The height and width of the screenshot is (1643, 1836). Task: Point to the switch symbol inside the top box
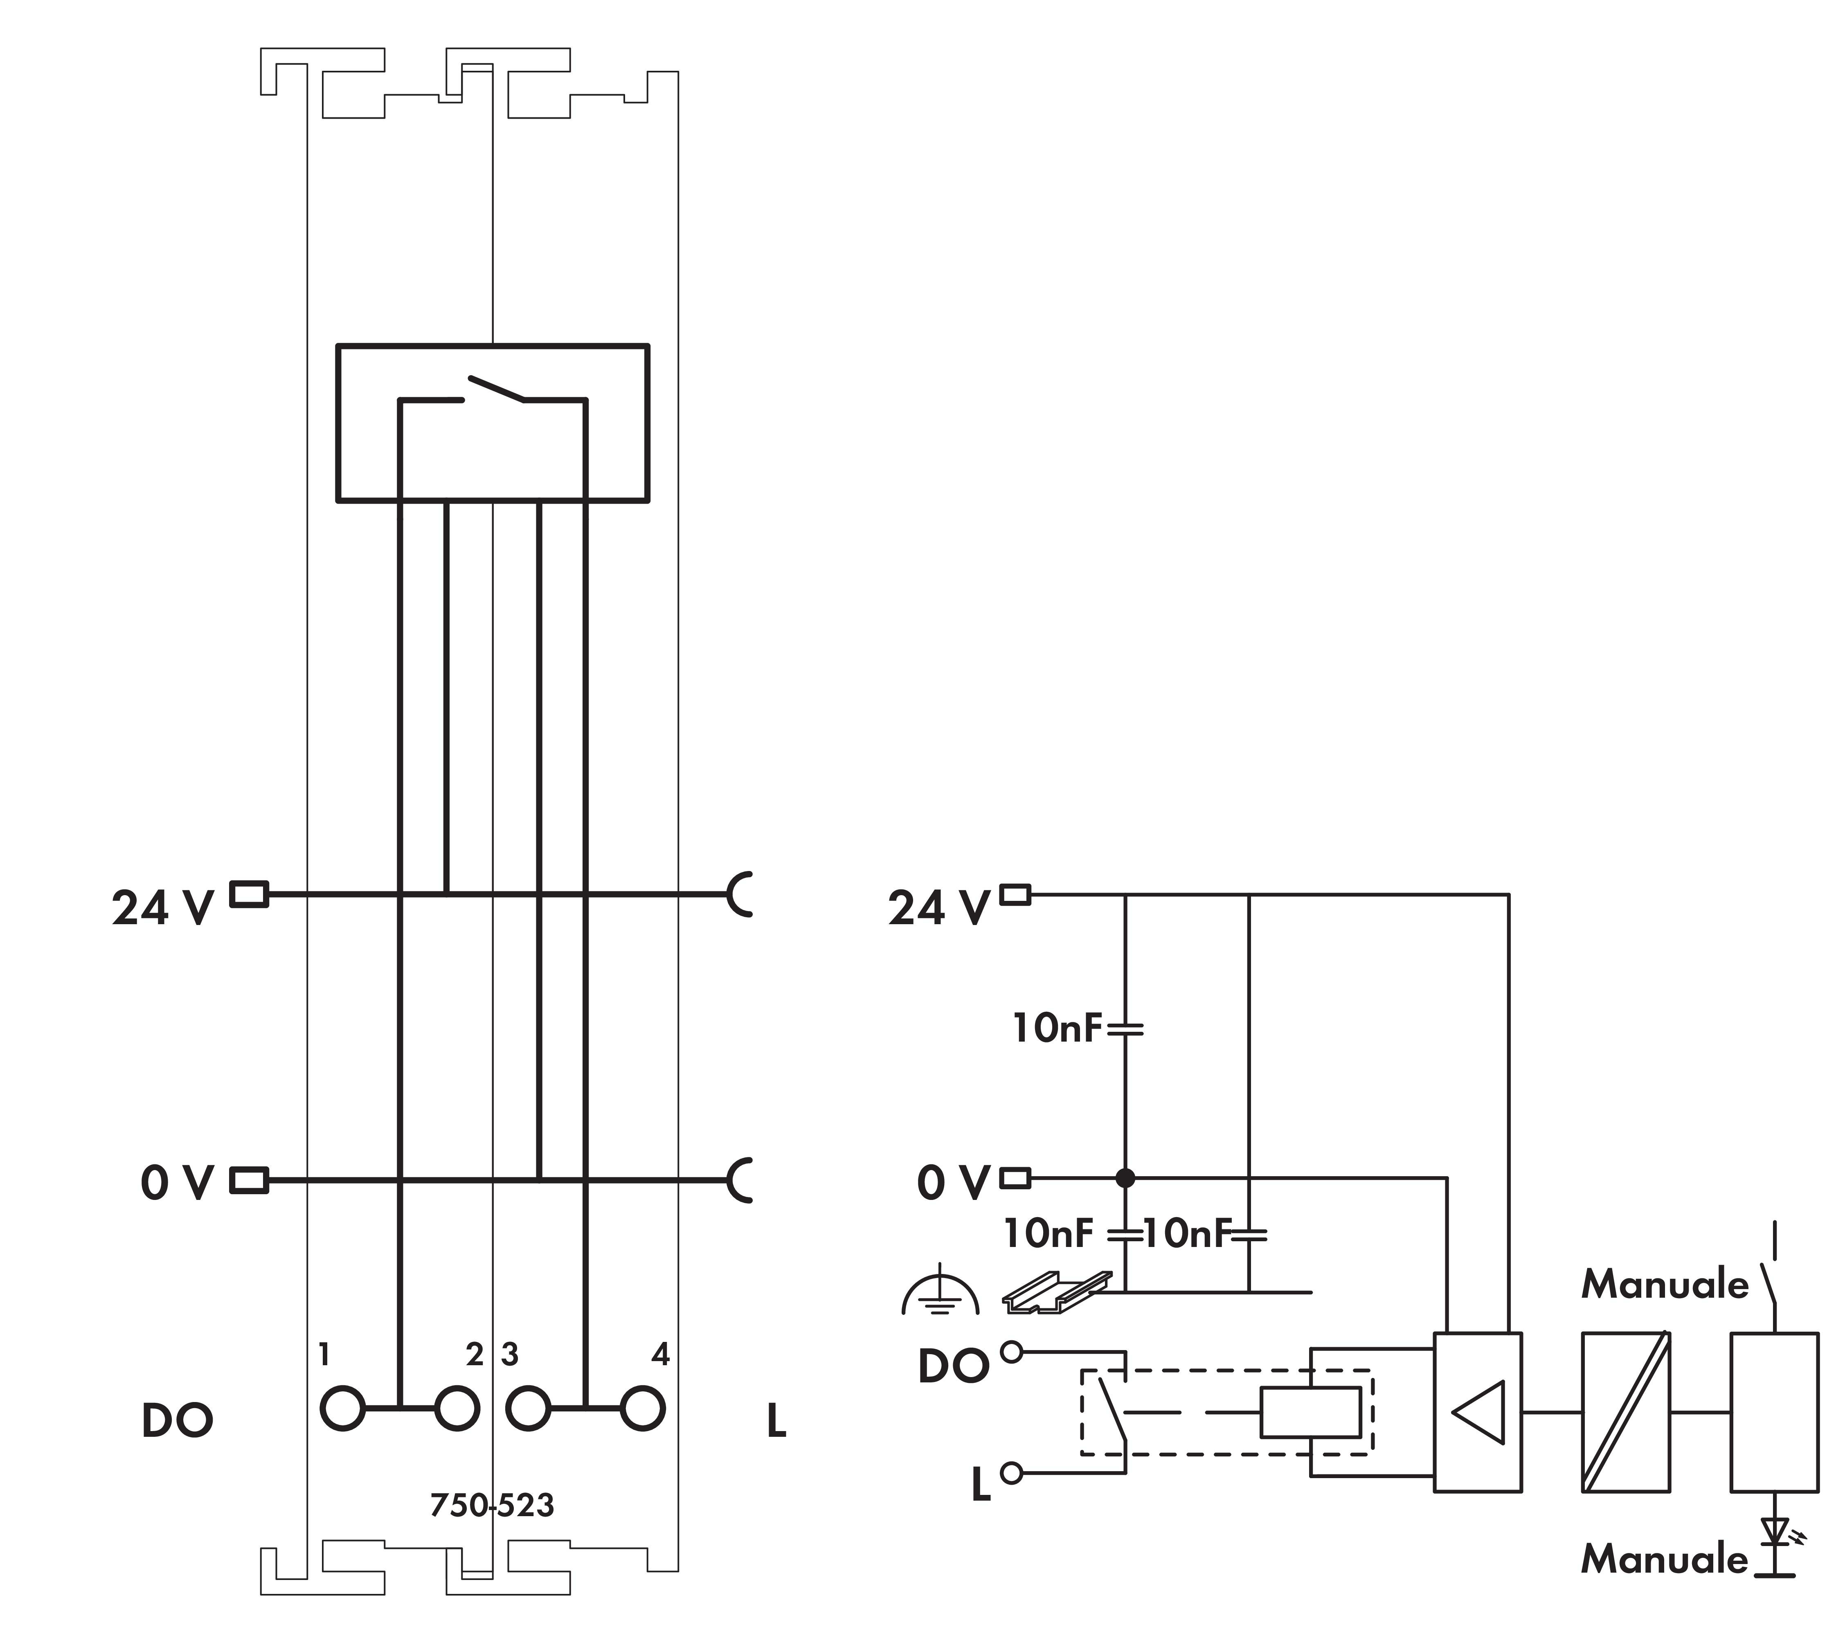tap(493, 390)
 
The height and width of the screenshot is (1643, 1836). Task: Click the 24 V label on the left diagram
tap(162, 907)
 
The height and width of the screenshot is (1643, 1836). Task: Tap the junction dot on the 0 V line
tap(1125, 1177)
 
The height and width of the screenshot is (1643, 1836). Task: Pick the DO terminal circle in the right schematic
tap(1012, 1351)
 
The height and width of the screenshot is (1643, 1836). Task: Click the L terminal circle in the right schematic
tap(1012, 1472)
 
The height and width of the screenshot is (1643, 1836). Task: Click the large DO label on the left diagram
tap(177, 1420)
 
